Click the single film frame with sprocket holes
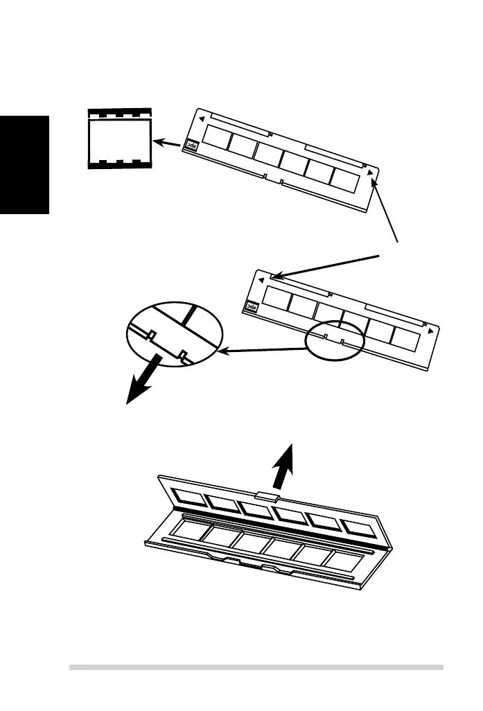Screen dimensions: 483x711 coord(118,139)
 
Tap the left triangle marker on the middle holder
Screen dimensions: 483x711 coord(260,280)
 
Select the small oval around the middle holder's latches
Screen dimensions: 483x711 coord(334,339)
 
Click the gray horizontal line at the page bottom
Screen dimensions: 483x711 coord(256,667)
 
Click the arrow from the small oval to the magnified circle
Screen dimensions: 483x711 coord(263,350)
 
